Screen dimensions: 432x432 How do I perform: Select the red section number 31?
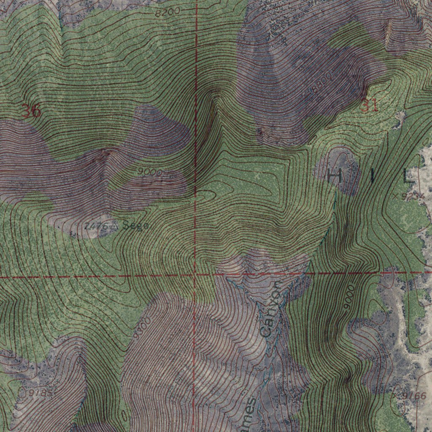pos(369,105)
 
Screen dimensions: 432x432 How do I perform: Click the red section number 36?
pos(31,111)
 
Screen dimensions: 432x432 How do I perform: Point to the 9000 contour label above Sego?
pos(150,172)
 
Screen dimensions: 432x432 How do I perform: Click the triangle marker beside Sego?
pos(114,227)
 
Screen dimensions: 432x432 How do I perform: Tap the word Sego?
pos(135,226)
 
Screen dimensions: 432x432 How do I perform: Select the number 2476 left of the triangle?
pos(96,226)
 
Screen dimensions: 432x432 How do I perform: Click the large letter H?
pos(335,175)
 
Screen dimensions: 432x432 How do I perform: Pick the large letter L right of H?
pos(408,175)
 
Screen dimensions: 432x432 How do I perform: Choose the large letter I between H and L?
pos(373,175)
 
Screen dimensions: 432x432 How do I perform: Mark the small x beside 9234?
pos(395,196)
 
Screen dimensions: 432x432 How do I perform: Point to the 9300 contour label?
pos(141,329)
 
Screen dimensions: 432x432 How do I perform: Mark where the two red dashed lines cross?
pos(195,275)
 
